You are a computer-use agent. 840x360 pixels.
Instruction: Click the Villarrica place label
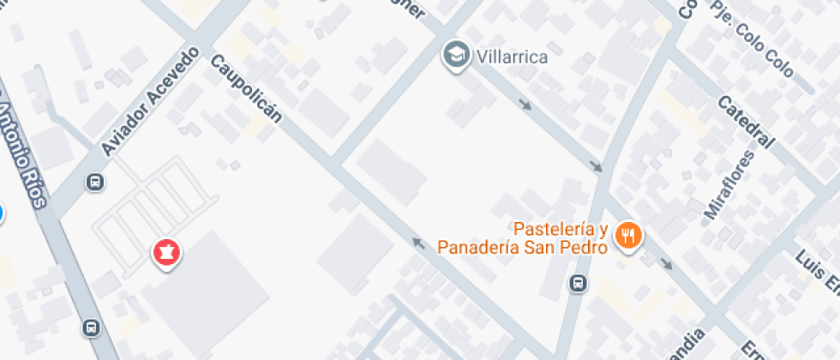tap(511, 57)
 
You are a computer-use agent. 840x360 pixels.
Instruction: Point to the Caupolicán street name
tap(245, 88)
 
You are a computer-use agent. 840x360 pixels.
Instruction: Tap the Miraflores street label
tap(717, 185)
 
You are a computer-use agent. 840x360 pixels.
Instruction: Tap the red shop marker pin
tap(165, 254)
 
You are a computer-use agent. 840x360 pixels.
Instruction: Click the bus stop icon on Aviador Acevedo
tap(94, 181)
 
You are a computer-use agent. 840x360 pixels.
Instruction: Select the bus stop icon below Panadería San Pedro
tap(579, 282)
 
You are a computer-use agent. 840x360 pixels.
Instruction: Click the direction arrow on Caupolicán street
tap(419, 244)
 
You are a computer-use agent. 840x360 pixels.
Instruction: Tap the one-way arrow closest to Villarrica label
tap(525, 105)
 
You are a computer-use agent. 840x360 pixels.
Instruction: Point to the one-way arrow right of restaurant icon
tap(667, 264)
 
